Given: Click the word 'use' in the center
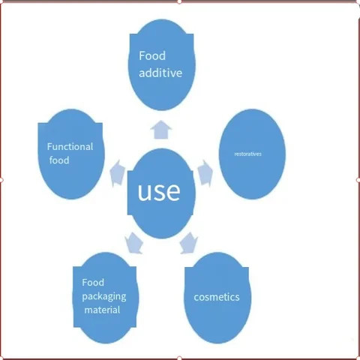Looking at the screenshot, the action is (159, 191).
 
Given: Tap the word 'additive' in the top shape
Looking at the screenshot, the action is (160, 73).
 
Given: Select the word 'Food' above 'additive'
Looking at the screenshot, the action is (152, 55).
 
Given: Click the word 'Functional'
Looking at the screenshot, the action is (70, 146).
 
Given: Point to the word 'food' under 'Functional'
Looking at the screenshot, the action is (59, 160).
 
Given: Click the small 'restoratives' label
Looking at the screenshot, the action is (248, 154).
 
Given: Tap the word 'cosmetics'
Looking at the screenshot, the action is (217, 297).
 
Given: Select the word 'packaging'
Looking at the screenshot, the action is (104, 297).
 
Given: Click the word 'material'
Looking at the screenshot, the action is (102, 310).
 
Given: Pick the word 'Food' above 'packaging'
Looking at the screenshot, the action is (93, 283).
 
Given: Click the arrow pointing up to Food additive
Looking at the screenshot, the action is (161, 130).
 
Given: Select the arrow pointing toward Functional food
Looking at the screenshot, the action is (117, 173).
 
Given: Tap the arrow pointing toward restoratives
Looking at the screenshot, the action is (205, 172).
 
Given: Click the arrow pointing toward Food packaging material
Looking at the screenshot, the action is (134, 243).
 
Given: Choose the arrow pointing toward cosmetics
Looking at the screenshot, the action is (189, 243).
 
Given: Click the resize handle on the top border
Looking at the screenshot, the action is (179, 1).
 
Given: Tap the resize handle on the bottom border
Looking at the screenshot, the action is (179, 358).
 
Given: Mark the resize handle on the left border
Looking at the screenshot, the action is (1, 180).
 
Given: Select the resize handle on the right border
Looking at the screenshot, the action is (358, 180).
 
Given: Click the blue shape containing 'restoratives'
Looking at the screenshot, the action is (252, 154).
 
